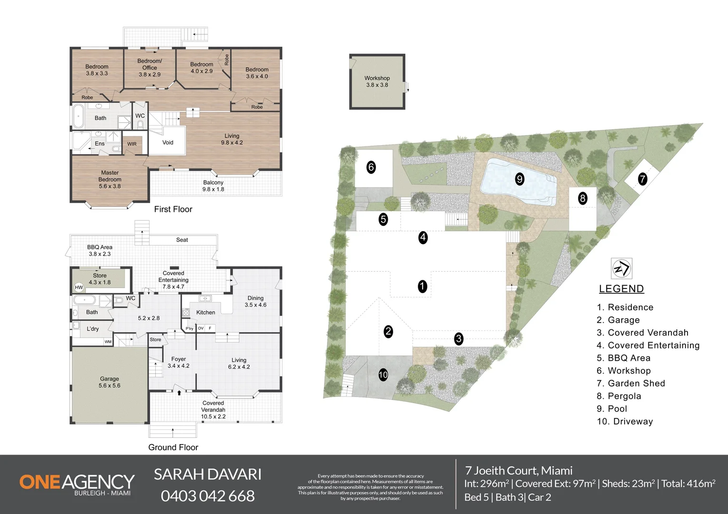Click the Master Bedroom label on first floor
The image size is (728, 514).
click(x=110, y=179)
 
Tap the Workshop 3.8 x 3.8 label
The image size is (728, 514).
click(x=377, y=81)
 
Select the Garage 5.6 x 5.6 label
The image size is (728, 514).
click(x=109, y=382)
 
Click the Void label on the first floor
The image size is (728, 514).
click(x=168, y=142)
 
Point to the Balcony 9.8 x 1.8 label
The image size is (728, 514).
click(x=213, y=186)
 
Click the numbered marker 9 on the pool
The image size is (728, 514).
click(x=519, y=179)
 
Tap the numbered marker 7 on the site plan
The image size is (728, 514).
click(x=642, y=179)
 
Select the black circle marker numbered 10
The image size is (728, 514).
click(x=383, y=375)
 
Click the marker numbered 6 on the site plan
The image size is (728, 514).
click(x=371, y=167)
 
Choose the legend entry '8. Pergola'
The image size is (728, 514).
click(x=618, y=396)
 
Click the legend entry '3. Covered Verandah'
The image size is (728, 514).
click(x=642, y=333)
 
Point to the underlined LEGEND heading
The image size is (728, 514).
click(x=621, y=289)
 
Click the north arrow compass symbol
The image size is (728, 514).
click(x=621, y=268)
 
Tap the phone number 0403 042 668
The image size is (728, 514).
click(x=208, y=496)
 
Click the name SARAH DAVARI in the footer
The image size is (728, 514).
click(x=208, y=474)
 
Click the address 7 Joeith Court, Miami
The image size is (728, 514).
click(x=519, y=471)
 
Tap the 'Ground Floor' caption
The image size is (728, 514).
click(x=173, y=447)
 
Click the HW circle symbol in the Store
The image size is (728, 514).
click(x=79, y=287)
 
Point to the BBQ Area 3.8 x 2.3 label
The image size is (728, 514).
click(x=100, y=250)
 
